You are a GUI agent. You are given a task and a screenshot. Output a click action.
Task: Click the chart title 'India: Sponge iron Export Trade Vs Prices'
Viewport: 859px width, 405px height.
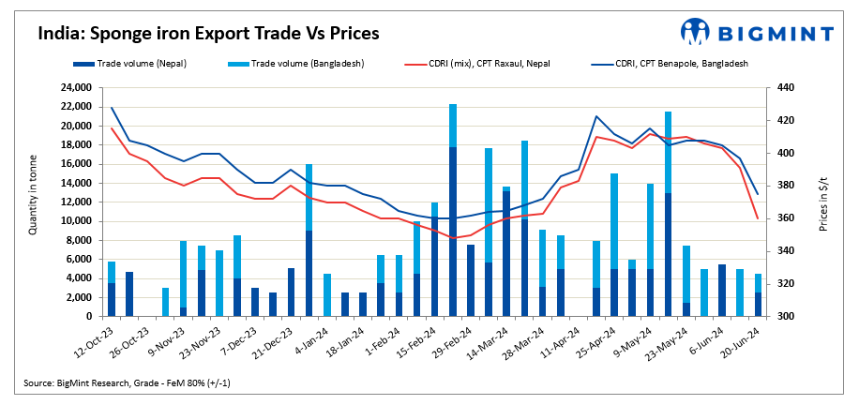pos(208,34)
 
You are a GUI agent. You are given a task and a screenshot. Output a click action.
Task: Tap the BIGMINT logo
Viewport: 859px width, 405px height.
pos(757,32)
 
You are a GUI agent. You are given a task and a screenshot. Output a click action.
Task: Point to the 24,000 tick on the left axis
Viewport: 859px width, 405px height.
pos(72,88)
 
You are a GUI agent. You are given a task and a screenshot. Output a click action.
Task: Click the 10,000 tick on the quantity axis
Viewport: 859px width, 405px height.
pos(72,221)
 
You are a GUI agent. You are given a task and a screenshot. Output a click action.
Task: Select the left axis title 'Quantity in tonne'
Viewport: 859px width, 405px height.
pos(34,202)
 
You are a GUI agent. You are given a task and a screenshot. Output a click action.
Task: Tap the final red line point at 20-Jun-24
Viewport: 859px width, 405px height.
pos(758,218)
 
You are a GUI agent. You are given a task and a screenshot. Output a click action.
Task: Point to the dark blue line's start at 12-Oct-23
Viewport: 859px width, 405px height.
pos(112,108)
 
